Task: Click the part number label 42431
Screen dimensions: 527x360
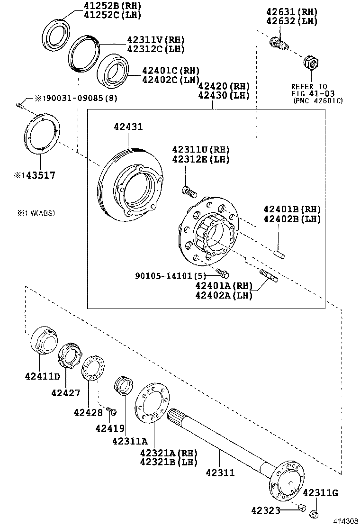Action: [128, 127]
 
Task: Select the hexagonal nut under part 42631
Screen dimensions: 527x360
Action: [311, 62]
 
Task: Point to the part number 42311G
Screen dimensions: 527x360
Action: [320, 492]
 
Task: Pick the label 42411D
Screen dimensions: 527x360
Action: [43, 377]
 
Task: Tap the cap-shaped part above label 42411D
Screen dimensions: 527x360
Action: [43, 340]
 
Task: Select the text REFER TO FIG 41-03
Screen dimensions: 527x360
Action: [309, 90]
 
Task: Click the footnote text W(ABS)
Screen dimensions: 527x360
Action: [40, 213]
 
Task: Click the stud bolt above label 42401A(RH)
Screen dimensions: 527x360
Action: [268, 275]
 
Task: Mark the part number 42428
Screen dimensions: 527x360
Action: [88, 412]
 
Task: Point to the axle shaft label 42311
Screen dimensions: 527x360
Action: [220, 472]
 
